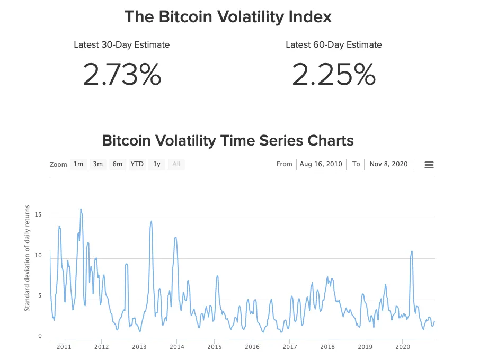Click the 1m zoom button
(x=78, y=164)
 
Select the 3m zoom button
(x=98, y=164)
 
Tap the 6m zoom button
(x=117, y=164)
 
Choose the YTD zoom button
(x=137, y=164)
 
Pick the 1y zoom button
(x=157, y=164)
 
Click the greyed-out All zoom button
(x=176, y=164)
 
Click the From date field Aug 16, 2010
(x=321, y=164)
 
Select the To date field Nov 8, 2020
(x=389, y=164)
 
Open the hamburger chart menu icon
(x=429, y=165)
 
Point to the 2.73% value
(x=122, y=75)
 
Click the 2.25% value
(x=334, y=75)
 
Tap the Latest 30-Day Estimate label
(x=122, y=45)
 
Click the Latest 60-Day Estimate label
(x=334, y=45)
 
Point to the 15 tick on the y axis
(x=38, y=215)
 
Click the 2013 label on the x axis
(x=139, y=347)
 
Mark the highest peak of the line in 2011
(x=81, y=209)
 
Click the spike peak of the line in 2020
(x=412, y=251)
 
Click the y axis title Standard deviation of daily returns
(x=27, y=258)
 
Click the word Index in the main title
(x=307, y=16)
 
